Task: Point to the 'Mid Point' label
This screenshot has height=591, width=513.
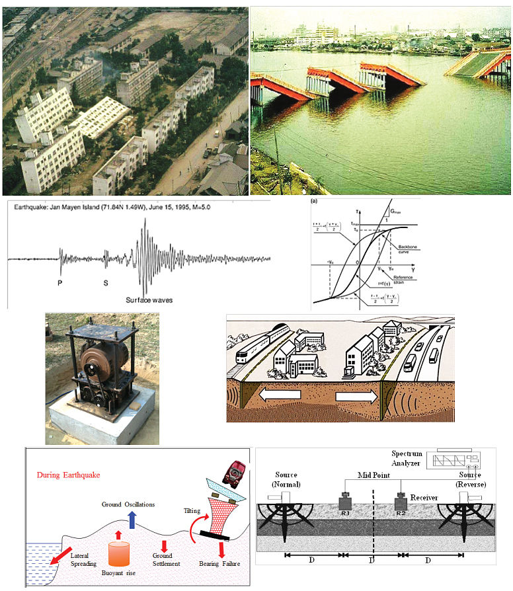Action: (372, 474)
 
